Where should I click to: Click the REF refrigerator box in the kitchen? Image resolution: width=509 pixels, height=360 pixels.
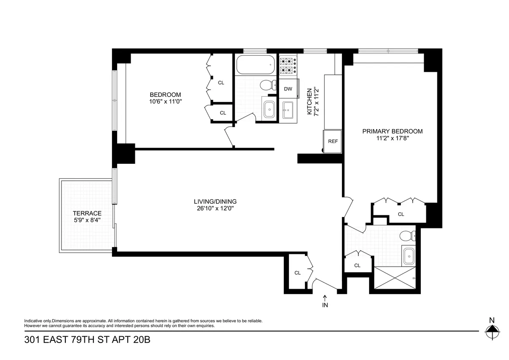pos(333,141)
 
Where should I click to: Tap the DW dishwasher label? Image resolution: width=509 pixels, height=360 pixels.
pos(288,89)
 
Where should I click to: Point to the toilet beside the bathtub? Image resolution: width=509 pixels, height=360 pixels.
pos(266,85)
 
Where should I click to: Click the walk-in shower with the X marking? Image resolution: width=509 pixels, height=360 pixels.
pos(394,279)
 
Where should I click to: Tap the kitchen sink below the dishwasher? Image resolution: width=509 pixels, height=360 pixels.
pos(288,110)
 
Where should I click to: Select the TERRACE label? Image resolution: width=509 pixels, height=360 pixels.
pos(87,213)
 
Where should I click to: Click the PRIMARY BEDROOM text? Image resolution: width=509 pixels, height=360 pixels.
pos(392,131)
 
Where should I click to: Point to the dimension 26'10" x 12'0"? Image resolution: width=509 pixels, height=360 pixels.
pos(215,208)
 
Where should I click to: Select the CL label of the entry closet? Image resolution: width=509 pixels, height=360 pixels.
pos(297,273)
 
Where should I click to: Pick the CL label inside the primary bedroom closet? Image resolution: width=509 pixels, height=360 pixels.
pos(401,214)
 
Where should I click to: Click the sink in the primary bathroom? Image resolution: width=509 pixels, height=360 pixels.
pos(408,256)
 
